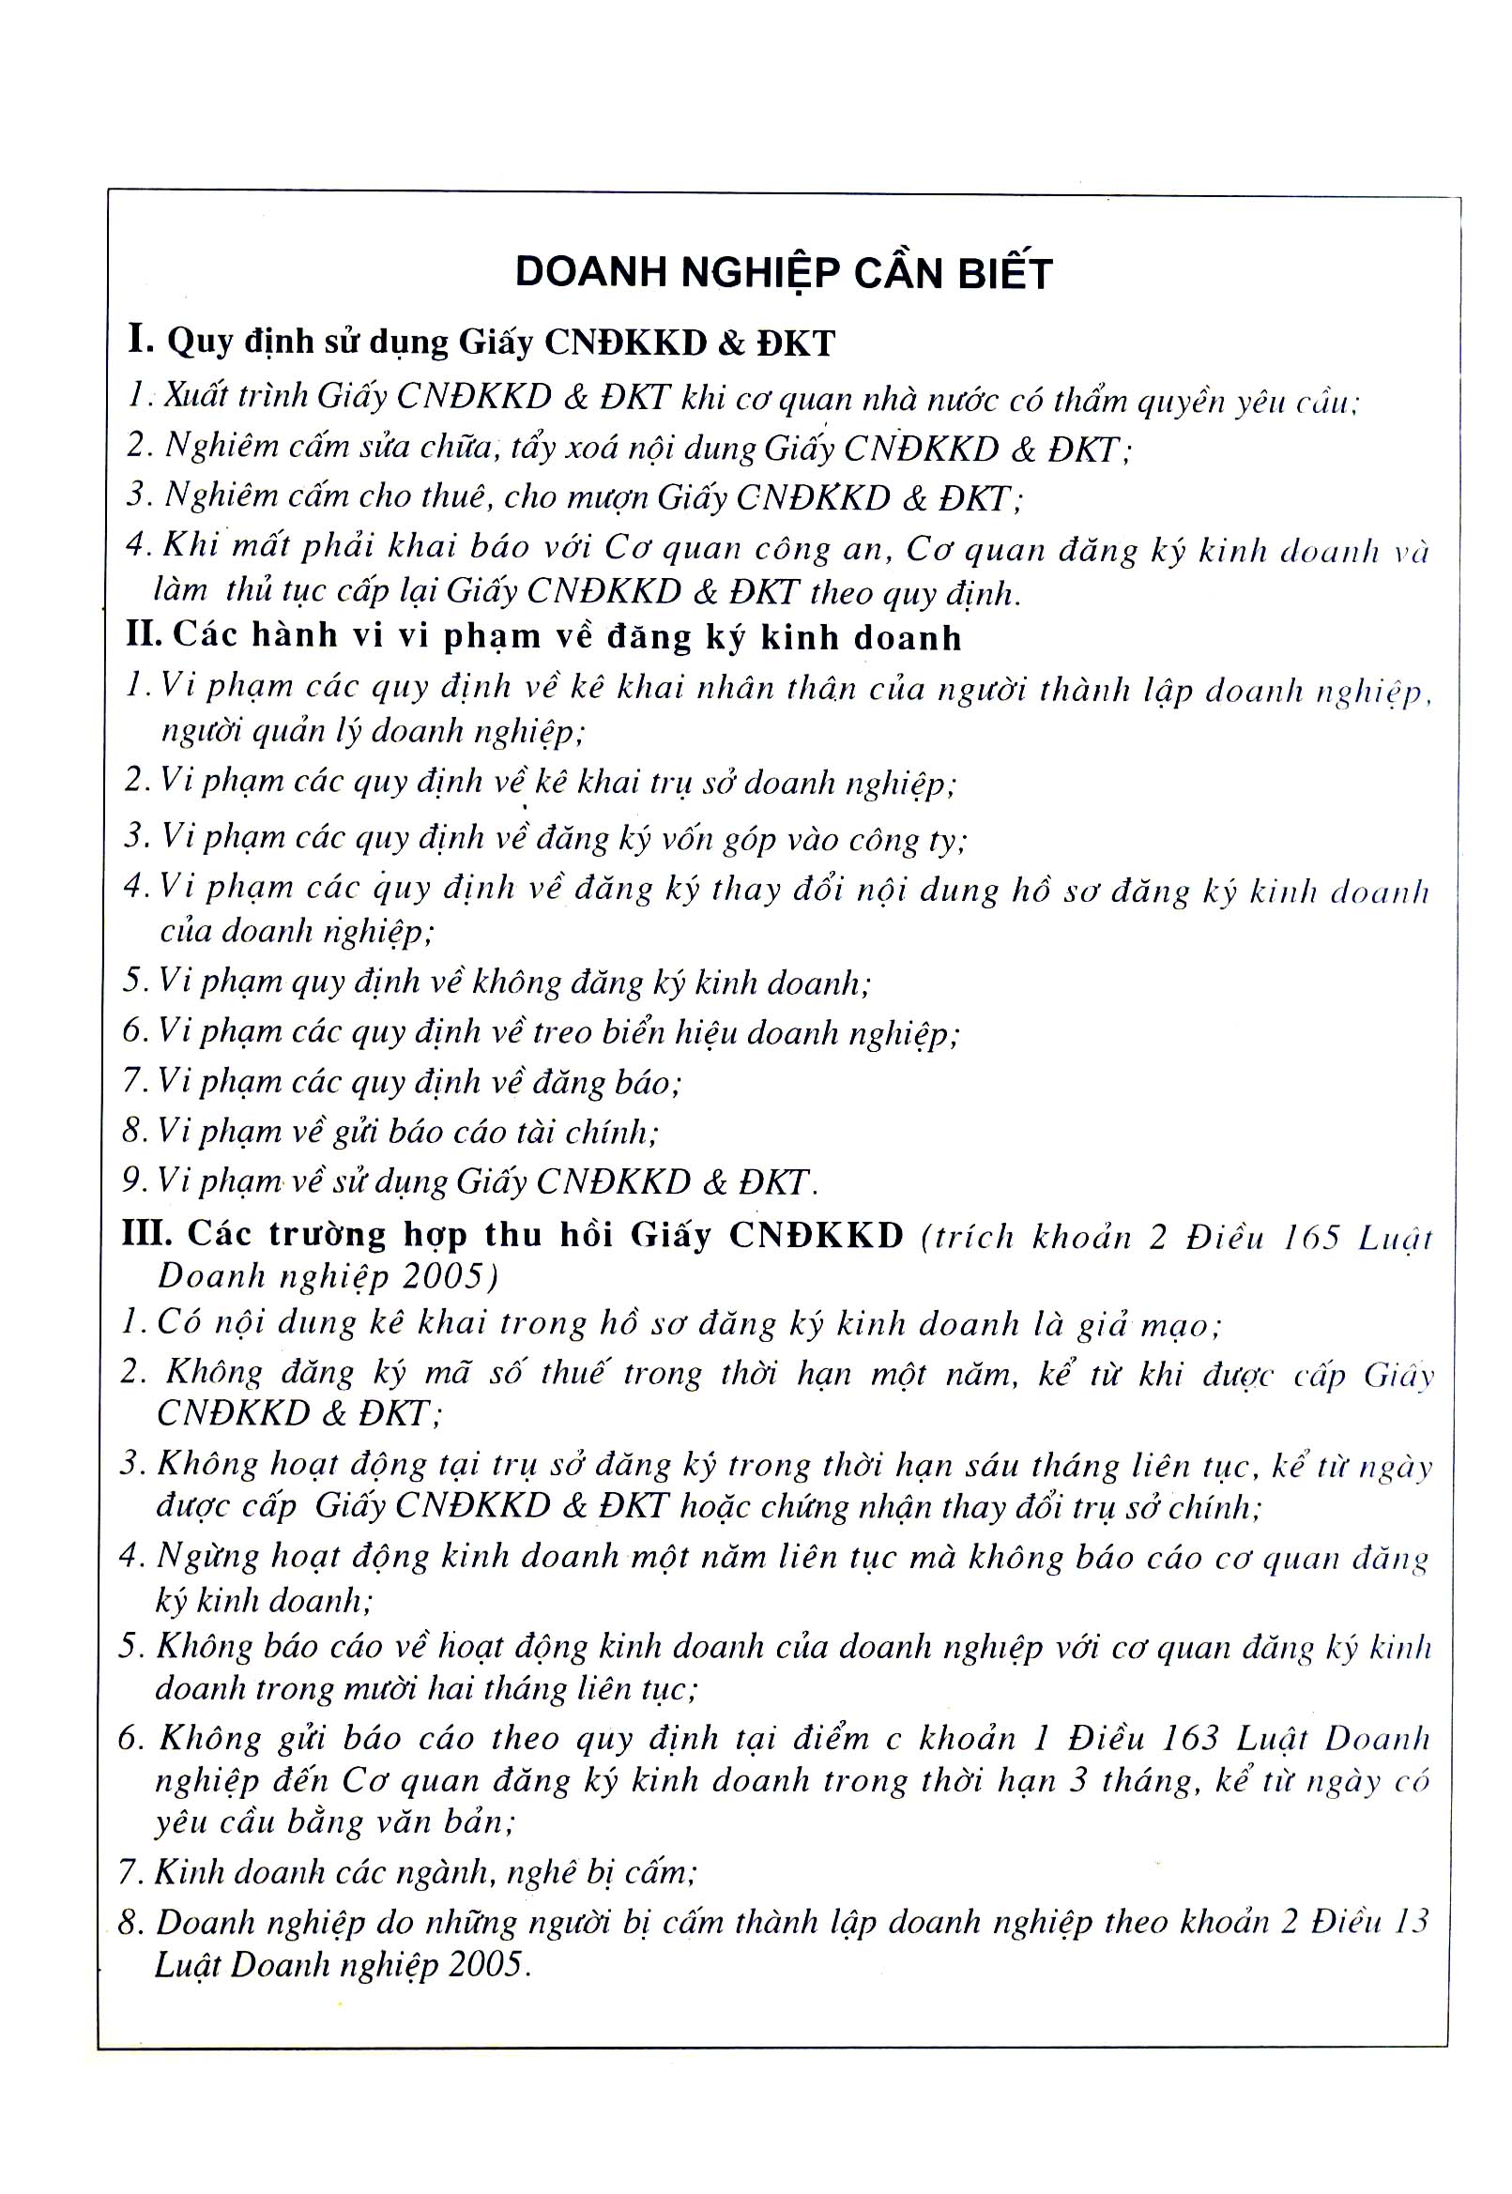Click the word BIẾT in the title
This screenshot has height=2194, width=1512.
tap(1004, 273)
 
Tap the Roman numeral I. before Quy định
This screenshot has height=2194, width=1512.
tap(141, 339)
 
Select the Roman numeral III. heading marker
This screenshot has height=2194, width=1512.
tap(146, 1233)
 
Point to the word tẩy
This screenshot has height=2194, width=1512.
tap(533, 447)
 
